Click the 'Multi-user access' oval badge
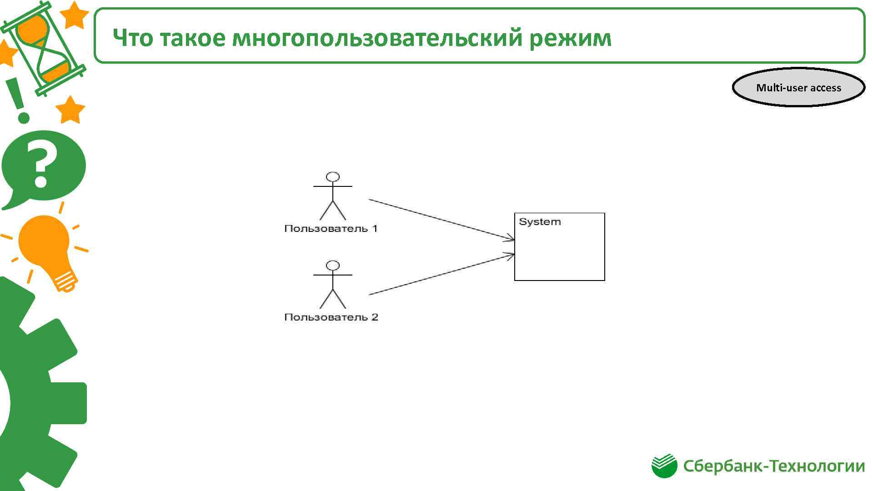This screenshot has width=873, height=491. click(x=798, y=88)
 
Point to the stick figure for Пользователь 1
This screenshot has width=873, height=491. click(x=333, y=196)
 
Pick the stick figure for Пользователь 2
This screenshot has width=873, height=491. click(x=333, y=285)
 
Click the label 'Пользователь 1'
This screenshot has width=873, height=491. click(x=331, y=229)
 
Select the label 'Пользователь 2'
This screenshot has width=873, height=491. click(x=331, y=317)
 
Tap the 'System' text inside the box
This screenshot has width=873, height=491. click(x=540, y=222)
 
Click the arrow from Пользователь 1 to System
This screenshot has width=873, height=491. click(x=441, y=219)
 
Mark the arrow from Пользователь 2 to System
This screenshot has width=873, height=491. click(x=441, y=275)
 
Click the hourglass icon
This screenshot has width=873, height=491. click(x=43, y=48)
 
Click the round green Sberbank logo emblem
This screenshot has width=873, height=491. click(x=664, y=466)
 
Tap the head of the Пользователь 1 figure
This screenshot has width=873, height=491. click(x=333, y=177)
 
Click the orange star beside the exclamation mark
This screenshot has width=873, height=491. click(x=70, y=110)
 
